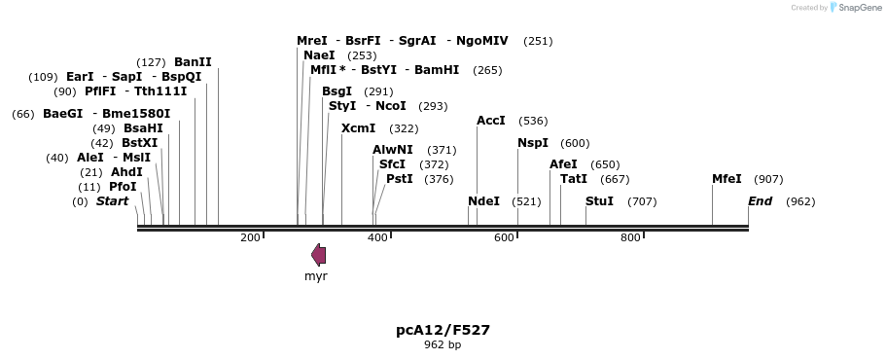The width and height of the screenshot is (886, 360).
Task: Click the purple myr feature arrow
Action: point(318,255)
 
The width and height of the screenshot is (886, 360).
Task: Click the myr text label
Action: point(316,276)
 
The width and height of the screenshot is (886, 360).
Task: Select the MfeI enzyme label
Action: point(727,179)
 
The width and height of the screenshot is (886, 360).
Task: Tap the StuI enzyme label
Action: point(599,201)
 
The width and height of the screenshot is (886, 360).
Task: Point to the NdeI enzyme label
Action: point(483,201)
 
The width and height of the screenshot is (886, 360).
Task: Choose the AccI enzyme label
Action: point(491,121)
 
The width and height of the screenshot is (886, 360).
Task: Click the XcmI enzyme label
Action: point(358,128)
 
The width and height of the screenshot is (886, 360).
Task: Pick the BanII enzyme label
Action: point(193,62)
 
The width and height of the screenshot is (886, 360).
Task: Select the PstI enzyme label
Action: point(400,179)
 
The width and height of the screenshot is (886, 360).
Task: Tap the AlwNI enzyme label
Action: point(393,150)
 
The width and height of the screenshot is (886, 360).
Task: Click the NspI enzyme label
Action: point(533,143)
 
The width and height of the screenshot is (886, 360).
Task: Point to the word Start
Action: point(112,201)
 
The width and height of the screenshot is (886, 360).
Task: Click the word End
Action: point(760,201)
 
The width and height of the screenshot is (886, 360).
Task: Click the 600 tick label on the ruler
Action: point(504,238)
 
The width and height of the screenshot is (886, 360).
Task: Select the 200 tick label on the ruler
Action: point(250,238)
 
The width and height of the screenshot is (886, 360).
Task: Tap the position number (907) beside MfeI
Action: point(768,179)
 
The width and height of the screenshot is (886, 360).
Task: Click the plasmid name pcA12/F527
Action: point(443,330)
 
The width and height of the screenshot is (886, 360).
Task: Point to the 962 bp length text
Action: point(443,345)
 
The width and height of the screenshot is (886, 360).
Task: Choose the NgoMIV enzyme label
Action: point(482,41)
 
